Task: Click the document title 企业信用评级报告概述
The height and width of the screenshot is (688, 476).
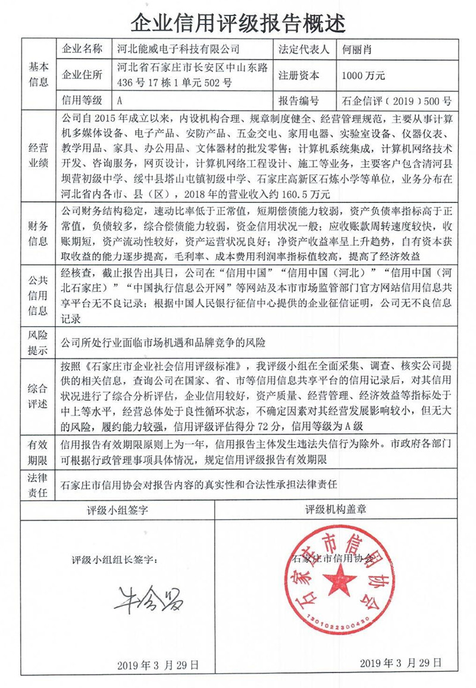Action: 237,22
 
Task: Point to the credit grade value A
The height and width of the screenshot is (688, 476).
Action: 121,101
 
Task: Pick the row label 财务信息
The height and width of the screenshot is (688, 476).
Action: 38,234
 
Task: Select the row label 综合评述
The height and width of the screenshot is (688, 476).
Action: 38,396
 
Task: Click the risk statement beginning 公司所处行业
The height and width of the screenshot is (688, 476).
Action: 162,343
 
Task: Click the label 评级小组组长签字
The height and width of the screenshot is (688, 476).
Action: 115,560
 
